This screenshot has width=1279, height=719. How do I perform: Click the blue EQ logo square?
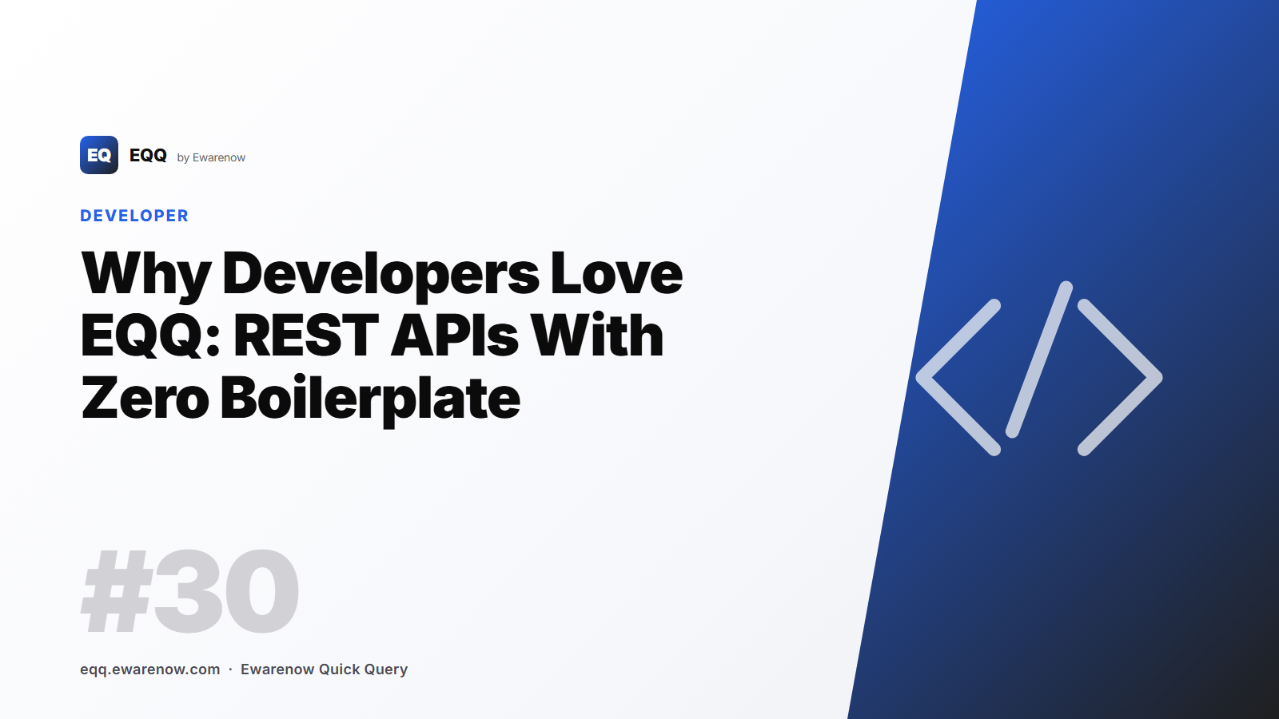99,155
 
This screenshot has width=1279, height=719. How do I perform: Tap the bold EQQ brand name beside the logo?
148,155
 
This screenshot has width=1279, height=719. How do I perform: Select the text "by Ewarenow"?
211,157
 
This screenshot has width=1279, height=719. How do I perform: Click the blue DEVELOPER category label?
134,216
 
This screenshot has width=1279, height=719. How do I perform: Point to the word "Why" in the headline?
146,274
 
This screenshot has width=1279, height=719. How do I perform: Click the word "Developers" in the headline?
381,274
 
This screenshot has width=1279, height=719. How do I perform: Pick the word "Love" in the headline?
616,274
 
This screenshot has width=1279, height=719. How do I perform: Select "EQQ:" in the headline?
150,336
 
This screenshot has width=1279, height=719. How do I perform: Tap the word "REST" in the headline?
306,336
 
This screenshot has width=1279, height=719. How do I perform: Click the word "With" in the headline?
597,336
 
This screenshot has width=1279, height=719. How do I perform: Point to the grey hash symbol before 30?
117,592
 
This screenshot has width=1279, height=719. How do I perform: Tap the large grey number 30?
226,592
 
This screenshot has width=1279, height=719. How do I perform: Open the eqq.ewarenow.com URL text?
150,669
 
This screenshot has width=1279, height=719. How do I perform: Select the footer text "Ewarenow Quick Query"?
324,669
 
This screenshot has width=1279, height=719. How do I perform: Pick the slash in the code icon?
1038,359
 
